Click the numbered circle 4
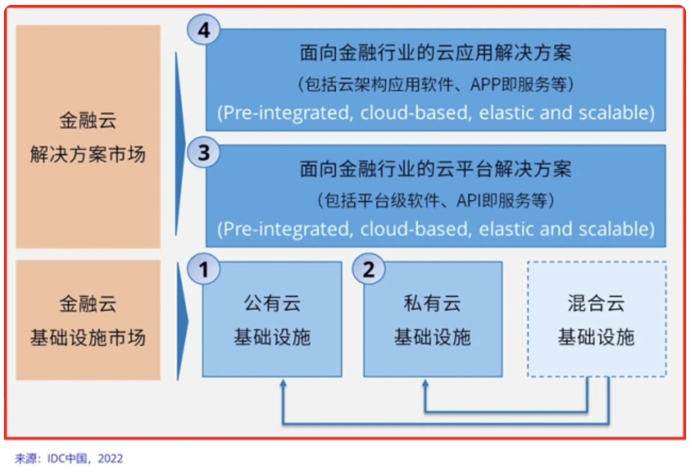(x=204, y=30)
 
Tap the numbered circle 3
(x=204, y=153)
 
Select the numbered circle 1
(x=204, y=269)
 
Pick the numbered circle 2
(x=369, y=269)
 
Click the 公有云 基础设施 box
(x=272, y=320)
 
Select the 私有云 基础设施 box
(x=432, y=320)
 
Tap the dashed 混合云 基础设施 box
(x=596, y=320)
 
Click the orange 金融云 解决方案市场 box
(x=88, y=137)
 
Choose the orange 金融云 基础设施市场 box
(x=88, y=320)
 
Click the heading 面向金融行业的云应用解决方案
(x=435, y=53)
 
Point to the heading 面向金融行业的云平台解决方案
(x=435, y=169)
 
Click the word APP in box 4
(x=486, y=85)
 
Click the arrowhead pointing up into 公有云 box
(x=283, y=384)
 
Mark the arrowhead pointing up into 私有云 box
(x=425, y=384)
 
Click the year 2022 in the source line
(x=110, y=459)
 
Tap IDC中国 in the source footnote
(x=67, y=459)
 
